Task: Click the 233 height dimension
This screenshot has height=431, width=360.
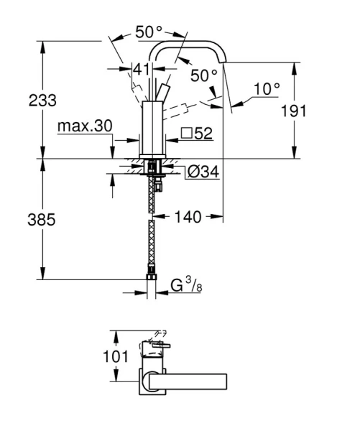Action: (x=42, y=100)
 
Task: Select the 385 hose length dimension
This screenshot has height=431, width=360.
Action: (x=42, y=221)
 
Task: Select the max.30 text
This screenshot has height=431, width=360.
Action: (x=85, y=126)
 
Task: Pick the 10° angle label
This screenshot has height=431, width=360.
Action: (x=267, y=89)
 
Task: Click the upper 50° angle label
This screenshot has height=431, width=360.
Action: (x=149, y=32)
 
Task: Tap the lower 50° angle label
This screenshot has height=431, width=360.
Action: (x=203, y=75)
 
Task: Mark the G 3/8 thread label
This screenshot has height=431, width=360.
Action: (x=183, y=285)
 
